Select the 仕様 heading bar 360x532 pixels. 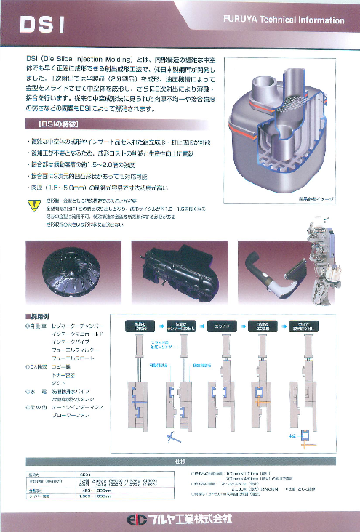[179, 461]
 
